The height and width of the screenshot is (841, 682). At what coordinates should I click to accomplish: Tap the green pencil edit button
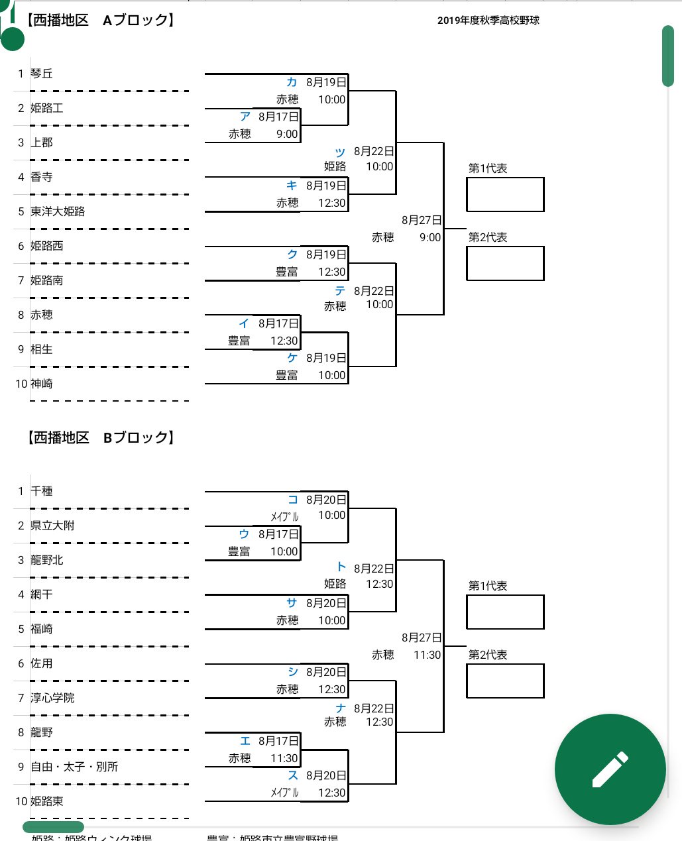610,769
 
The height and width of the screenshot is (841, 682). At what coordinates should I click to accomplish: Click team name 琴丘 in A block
42,74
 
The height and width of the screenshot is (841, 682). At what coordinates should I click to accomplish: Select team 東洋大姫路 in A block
58,211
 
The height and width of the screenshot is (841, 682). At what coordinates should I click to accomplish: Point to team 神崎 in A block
42,384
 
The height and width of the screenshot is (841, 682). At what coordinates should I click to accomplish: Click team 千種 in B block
42,491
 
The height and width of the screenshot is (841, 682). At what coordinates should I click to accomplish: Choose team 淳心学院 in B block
52,698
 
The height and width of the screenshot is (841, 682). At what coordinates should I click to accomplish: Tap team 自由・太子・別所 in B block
74,767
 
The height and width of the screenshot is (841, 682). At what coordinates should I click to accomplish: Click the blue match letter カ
292,82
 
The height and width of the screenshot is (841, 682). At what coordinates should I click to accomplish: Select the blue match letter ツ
340,152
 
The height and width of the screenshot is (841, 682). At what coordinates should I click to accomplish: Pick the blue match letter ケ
292,358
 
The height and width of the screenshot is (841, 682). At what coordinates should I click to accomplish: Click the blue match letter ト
341,567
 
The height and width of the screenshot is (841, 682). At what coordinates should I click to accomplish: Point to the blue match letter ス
292,775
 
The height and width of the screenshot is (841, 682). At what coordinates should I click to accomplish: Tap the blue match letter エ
245,741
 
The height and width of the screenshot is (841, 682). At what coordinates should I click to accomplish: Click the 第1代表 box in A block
505,194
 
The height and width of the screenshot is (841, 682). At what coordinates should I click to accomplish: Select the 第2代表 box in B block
505,681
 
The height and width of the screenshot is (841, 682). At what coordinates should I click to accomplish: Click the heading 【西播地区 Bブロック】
100,437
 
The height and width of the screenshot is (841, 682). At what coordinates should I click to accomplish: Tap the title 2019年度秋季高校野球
488,21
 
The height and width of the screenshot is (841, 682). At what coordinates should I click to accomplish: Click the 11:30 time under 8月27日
427,655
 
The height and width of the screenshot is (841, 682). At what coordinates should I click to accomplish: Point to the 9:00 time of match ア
287,134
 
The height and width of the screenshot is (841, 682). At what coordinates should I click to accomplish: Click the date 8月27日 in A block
422,220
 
